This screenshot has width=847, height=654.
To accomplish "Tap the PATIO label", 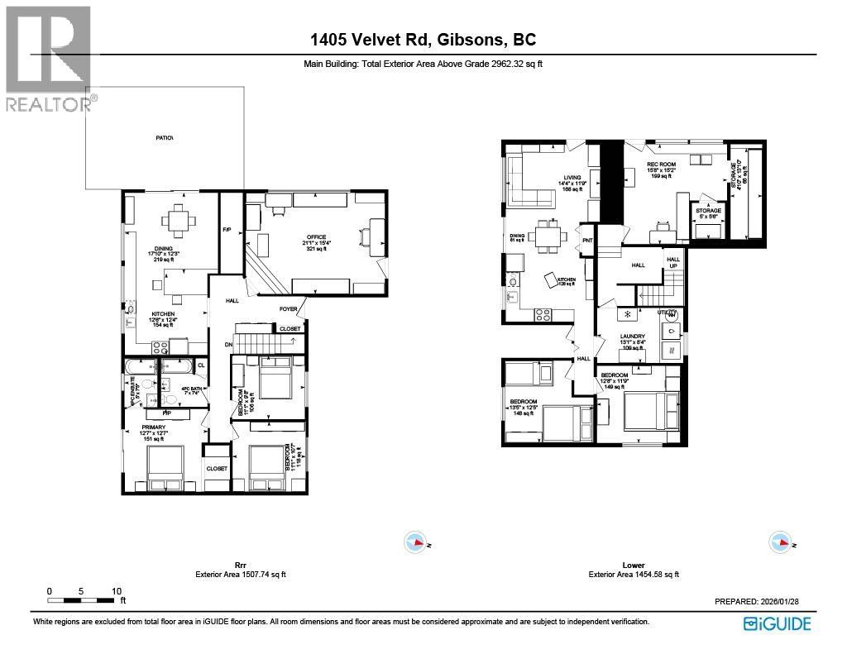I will pyautogui.click(x=165, y=137).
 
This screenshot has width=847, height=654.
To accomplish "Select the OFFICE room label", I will pyautogui.click(x=316, y=238).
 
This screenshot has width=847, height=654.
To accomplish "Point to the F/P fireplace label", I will pyautogui.click(x=227, y=230).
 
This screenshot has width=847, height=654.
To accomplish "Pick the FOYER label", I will pyautogui.click(x=288, y=309).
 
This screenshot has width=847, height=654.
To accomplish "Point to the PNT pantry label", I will pyautogui.click(x=588, y=241).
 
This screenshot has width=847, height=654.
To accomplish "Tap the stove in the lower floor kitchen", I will pyautogui.click(x=543, y=313).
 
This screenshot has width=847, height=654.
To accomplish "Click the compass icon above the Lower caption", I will pyautogui.click(x=779, y=542).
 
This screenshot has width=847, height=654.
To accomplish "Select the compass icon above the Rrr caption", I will pyautogui.click(x=417, y=542).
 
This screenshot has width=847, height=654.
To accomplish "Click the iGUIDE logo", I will pyautogui.click(x=777, y=623).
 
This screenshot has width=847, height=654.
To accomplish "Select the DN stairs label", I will pyautogui.click(x=228, y=344).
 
